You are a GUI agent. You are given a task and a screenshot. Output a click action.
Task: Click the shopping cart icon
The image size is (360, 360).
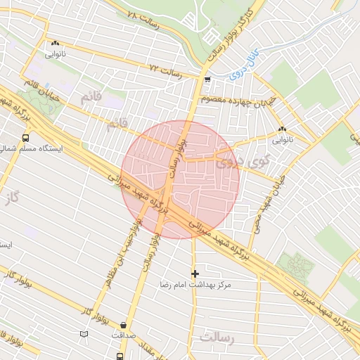207,79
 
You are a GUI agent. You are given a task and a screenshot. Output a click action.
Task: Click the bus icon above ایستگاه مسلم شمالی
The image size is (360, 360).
26,138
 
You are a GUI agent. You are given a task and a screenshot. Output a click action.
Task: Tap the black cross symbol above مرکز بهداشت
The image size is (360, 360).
195,274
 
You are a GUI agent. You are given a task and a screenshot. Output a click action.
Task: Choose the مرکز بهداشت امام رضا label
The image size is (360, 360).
195,285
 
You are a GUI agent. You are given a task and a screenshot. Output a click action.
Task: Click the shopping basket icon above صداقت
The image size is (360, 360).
124,326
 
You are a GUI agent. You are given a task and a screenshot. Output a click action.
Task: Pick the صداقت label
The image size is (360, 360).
124,336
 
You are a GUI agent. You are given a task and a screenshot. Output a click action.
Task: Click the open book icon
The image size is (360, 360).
84,333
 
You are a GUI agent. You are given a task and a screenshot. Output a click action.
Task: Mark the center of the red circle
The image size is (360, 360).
181,179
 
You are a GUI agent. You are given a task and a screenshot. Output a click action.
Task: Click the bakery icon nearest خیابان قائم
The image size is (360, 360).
55,43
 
